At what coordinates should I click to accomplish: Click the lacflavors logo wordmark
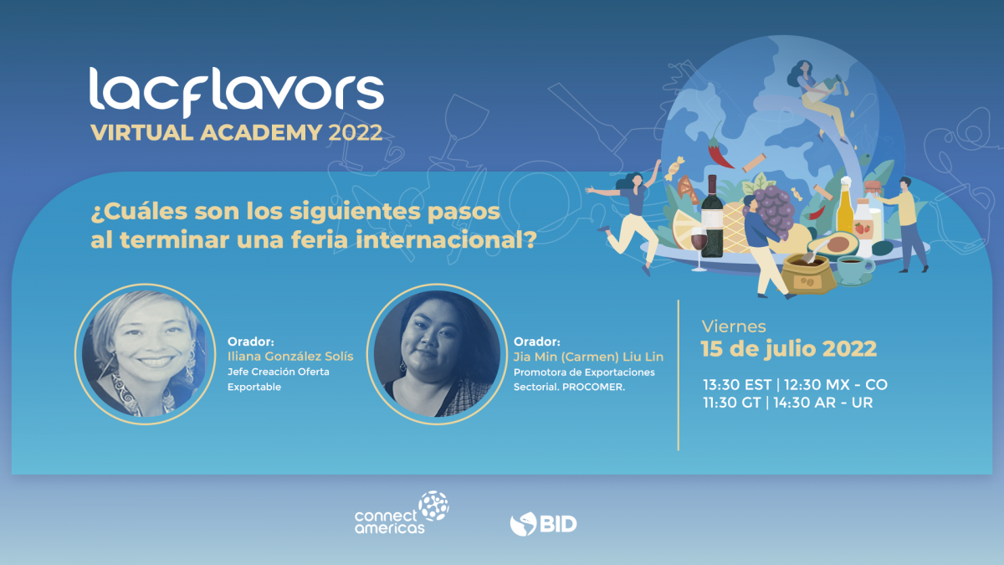click(237, 92)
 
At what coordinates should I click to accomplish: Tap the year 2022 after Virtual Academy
click(356, 133)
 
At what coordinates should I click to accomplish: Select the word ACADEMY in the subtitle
click(261, 133)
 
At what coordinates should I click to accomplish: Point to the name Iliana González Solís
click(290, 357)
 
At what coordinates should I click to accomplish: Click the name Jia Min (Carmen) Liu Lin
click(588, 357)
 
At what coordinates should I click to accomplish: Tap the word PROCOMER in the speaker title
click(593, 387)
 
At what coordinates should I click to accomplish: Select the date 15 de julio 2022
click(789, 349)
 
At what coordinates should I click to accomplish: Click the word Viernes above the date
click(734, 326)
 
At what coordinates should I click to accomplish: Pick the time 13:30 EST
click(737, 385)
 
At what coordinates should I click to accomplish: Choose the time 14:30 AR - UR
click(823, 403)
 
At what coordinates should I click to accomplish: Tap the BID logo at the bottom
click(543, 524)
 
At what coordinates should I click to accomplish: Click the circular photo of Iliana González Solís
click(145, 354)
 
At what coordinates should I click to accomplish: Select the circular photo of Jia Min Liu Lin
click(437, 354)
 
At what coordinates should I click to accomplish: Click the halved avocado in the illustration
click(834, 244)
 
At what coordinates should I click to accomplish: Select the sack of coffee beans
click(808, 274)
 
